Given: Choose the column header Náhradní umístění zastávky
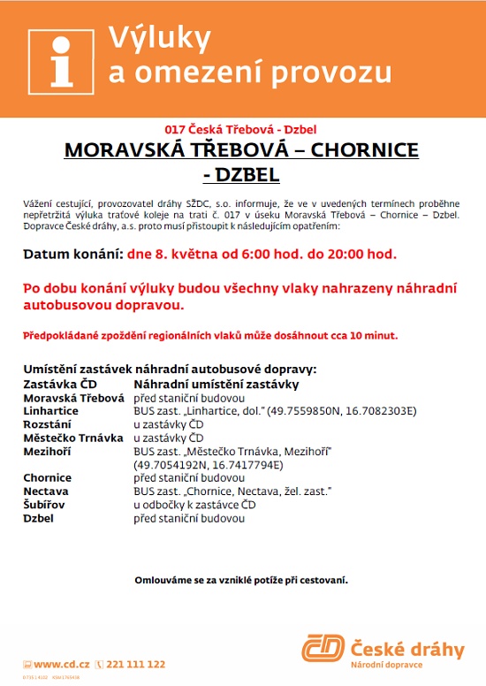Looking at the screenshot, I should pyautogui.click(x=216, y=385).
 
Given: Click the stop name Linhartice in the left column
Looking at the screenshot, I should pyautogui.click(x=51, y=411).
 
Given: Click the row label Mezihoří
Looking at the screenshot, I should pyautogui.click(x=47, y=451).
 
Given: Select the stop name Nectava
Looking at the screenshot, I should pyautogui.click(x=46, y=491).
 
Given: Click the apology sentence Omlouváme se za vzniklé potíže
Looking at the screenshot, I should pyautogui.click(x=240, y=580).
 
